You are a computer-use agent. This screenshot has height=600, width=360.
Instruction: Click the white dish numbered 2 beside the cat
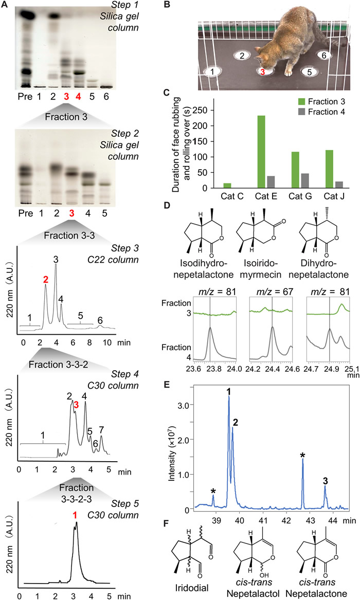click(x=242, y=55)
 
